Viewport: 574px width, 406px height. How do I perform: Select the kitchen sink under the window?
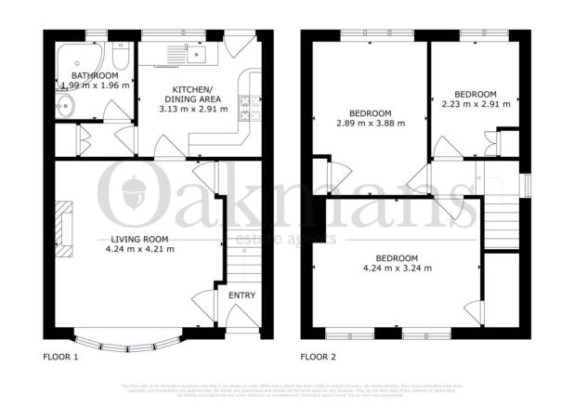pyautogui.click(x=197, y=53)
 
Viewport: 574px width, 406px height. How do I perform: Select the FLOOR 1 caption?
pyautogui.click(x=61, y=356)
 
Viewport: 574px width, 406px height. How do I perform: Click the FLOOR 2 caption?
pyautogui.click(x=318, y=356)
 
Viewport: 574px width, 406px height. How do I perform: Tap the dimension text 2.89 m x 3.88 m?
pyautogui.click(x=371, y=122)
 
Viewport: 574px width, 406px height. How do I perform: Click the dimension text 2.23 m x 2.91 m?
pyautogui.click(x=475, y=104)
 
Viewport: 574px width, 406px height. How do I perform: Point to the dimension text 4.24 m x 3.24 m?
pyautogui.click(x=397, y=268)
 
